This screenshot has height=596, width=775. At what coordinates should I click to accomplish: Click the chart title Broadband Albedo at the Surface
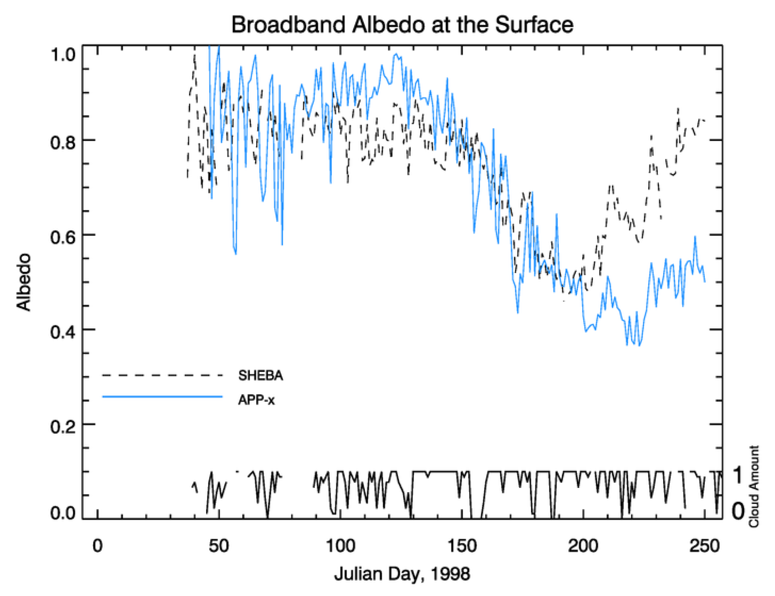click(402, 25)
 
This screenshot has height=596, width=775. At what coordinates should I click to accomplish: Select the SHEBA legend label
click(261, 375)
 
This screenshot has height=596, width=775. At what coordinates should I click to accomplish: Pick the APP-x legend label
click(256, 400)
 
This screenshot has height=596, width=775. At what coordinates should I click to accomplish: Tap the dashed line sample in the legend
click(162, 375)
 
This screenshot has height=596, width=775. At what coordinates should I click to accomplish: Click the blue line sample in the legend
click(162, 397)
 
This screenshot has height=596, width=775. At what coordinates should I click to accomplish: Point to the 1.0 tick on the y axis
click(63, 55)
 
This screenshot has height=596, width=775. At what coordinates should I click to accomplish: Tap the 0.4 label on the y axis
click(63, 331)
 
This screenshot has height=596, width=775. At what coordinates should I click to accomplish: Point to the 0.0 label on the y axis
click(63, 512)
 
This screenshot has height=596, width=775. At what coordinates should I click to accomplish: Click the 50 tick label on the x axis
click(219, 546)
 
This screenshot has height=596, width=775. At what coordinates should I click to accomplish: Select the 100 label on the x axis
click(340, 546)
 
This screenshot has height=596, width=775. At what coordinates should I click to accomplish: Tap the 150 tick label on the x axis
click(462, 546)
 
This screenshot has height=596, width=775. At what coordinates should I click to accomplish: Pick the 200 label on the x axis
click(583, 546)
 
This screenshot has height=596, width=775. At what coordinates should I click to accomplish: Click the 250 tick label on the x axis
click(704, 546)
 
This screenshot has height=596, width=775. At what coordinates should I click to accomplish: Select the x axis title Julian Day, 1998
click(402, 574)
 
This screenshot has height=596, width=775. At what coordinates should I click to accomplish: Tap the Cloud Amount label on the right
click(754, 486)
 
